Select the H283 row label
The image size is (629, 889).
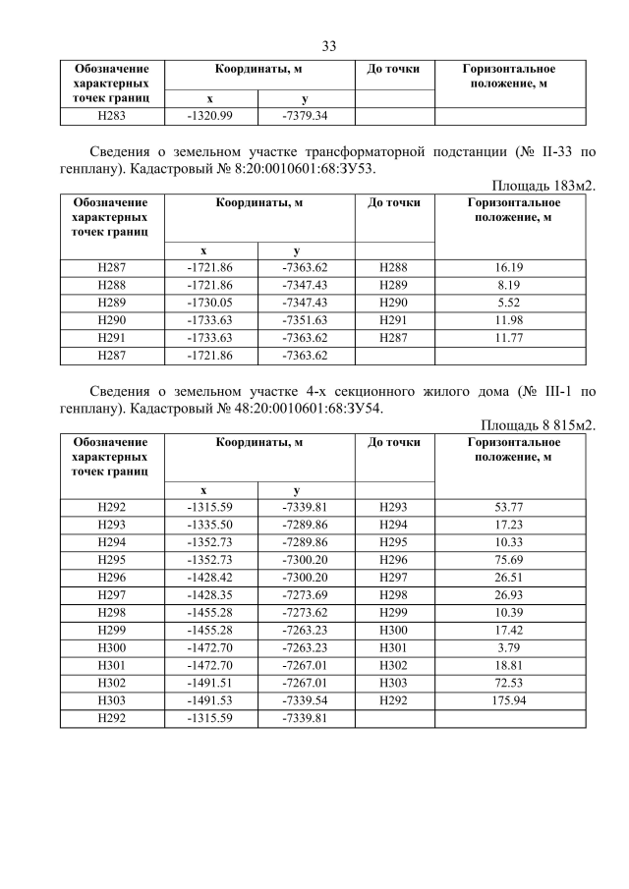[111, 116]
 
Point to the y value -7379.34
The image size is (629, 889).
[305, 116]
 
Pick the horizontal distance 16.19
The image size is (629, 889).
[510, 266]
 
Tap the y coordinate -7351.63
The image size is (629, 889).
[305, 319]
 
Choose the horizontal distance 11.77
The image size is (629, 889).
[510, 337]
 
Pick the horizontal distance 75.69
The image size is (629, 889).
[510, 559]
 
